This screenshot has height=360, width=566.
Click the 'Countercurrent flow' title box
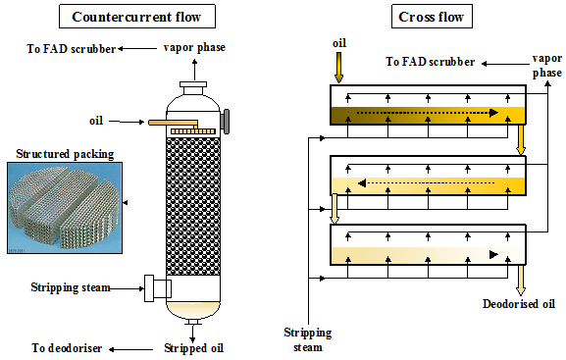137,17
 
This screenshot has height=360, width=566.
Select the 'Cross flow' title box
432,17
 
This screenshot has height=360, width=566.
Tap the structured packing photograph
65,208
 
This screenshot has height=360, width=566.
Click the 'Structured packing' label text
65,154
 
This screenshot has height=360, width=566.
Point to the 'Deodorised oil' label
519,304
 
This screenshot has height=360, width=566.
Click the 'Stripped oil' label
194,348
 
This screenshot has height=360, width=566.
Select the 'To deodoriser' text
67,348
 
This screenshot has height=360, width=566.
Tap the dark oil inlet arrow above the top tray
338,68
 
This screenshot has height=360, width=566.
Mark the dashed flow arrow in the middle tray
427,183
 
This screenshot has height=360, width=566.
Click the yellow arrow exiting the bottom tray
521,281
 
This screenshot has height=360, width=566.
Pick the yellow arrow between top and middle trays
521,139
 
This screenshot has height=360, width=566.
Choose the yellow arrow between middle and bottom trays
334,209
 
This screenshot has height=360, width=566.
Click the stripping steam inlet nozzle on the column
158,288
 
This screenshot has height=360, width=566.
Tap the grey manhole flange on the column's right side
226,122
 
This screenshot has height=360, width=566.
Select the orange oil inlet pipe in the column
174,124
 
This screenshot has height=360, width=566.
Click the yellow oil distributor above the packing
193,131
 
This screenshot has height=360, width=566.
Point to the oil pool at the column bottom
193,310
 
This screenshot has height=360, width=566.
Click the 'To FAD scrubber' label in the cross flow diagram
430,62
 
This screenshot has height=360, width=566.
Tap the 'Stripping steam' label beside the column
71,287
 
